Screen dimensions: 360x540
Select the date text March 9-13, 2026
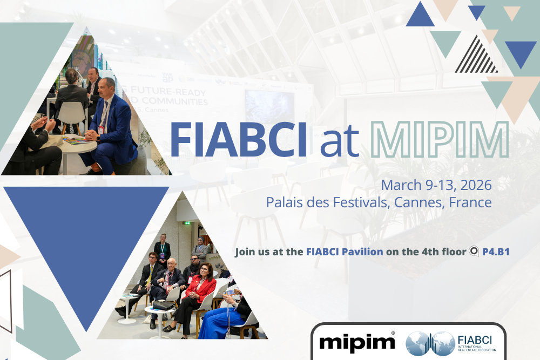pos(436,185)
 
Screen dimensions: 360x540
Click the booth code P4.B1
pos(495,252)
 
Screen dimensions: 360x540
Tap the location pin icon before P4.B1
pos(474,252)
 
